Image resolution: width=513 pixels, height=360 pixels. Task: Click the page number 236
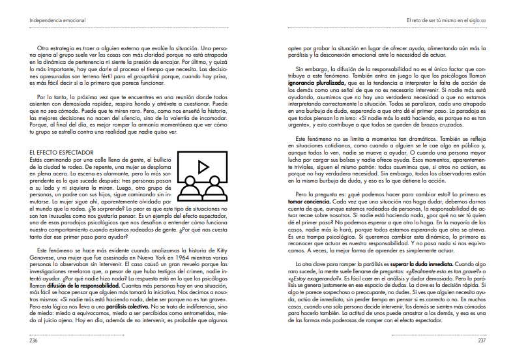pos(33,340)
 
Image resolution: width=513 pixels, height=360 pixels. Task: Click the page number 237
pos(482,340)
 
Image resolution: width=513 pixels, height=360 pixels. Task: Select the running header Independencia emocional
pos(57,20)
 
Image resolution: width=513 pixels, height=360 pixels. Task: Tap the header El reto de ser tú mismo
pos(436,20)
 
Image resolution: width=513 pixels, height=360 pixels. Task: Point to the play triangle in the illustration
pos(203,167)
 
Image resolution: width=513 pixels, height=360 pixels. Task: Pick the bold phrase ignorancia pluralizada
pos(317,83)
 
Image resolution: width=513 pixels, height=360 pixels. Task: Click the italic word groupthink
pos(149,76)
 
